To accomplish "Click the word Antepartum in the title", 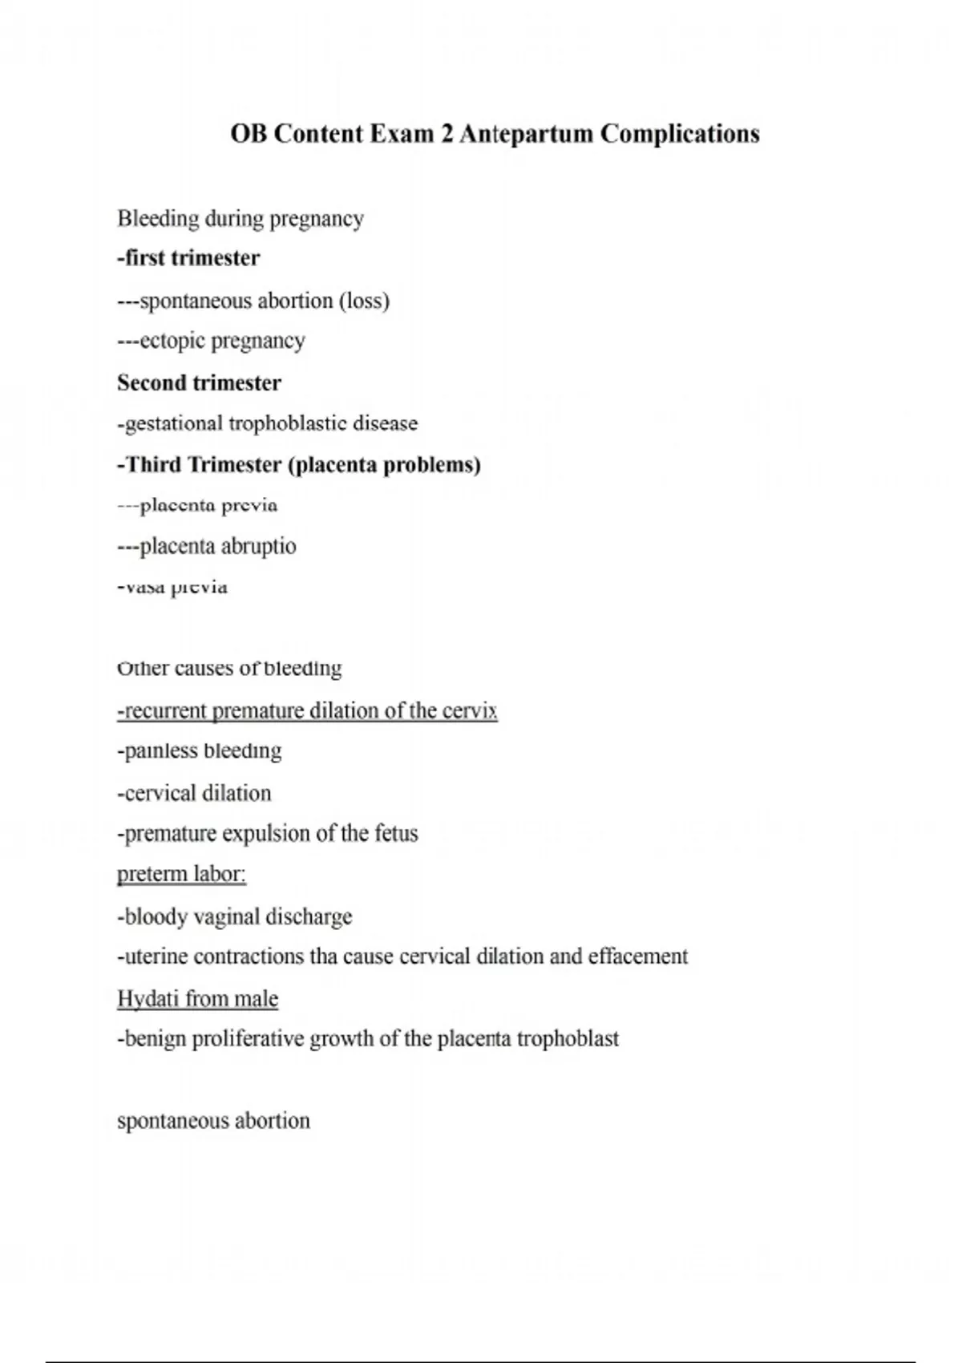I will (527, 134).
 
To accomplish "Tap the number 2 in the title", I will (446, 134).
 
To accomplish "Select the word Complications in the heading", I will (679, 134).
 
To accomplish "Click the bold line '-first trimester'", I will (188, 258).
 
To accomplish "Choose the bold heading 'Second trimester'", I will (199, 383).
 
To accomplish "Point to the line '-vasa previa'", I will (172, 588).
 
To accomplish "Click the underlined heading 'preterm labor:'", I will (181, 874).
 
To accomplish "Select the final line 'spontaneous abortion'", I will (213, 1121).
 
